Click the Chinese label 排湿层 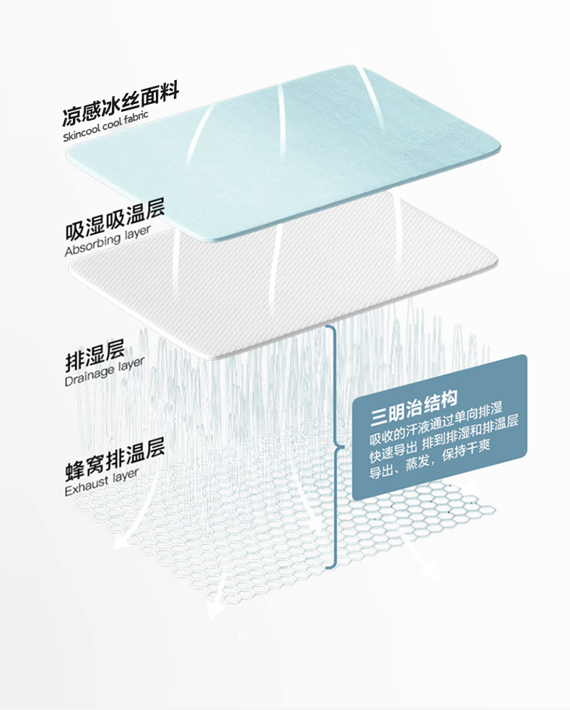point(95,355)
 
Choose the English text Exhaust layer point(101,481)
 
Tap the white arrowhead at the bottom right point(431,571)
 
